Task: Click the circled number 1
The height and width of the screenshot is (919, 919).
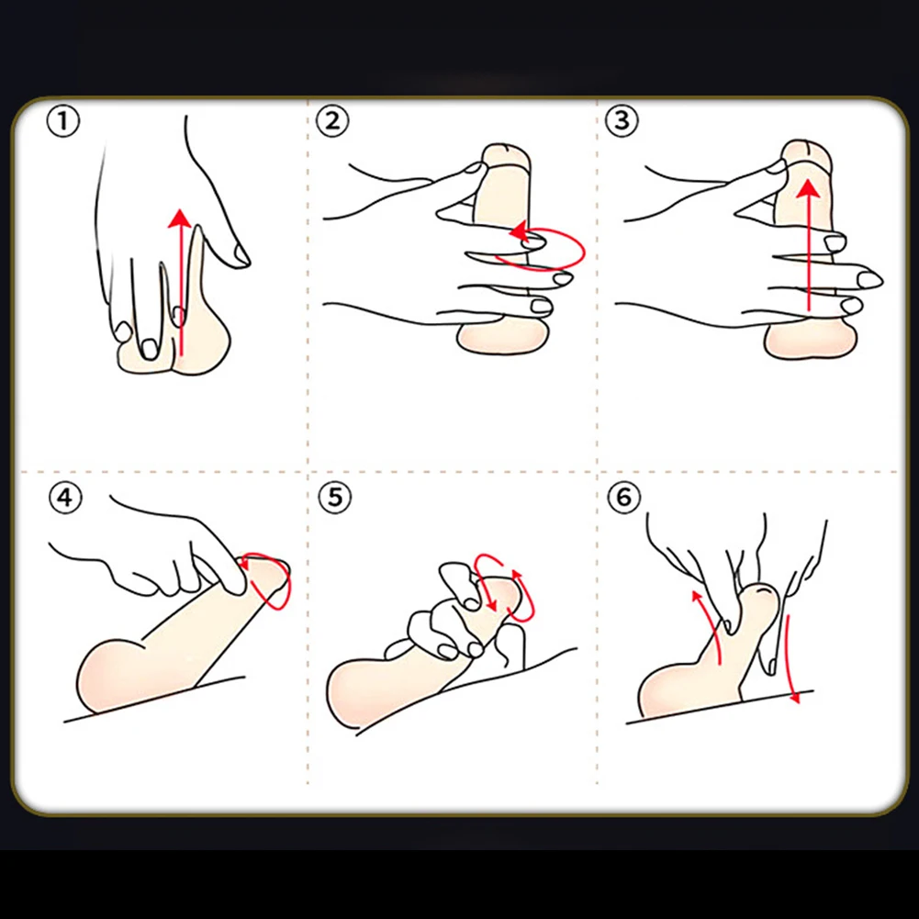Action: (x=62, y=122)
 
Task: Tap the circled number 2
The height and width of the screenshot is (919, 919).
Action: (x=332, y=121)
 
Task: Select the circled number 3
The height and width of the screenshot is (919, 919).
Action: (x=622, y=121)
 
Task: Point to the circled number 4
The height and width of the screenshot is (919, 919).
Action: (x=65, y=498)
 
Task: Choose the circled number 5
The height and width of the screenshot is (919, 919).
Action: (x=335, y=498)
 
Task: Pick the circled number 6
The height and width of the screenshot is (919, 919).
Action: (x=623, y=498)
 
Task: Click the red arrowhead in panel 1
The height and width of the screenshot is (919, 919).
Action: (x=180, y=218)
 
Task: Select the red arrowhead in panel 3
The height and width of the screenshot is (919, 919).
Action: (x=809, y=188)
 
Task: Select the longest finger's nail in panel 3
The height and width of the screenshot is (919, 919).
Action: (x=869, y=280)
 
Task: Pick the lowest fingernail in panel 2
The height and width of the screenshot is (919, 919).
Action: (x=541, y=306)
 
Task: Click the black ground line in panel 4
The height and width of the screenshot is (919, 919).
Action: (x=153, y=699)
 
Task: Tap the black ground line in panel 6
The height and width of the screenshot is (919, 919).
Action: (x=720, y=708)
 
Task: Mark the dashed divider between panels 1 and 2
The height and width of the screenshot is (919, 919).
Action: (x=308, y=285)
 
